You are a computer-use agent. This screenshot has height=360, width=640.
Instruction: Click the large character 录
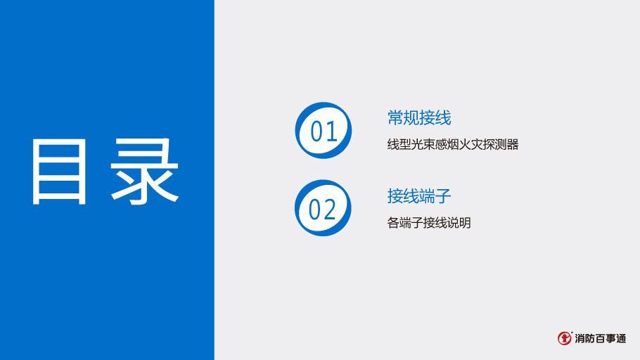(x=144, y=172)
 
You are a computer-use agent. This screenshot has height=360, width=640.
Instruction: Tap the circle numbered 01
(x=324, y=131)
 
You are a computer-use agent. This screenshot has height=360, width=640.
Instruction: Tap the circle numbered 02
(x=323, y=208)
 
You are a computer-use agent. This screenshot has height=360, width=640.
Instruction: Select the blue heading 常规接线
(x=419, y=117)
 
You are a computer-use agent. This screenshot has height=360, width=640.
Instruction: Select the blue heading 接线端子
(x=419, y=195)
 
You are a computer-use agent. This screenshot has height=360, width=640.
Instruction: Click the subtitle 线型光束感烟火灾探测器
(x=453, y=145)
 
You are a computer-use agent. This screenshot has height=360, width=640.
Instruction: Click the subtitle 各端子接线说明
(x=429, y=223)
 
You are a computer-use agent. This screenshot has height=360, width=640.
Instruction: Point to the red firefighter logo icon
(x=565, y=338)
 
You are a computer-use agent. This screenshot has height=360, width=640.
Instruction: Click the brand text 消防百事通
(x=600, y=338)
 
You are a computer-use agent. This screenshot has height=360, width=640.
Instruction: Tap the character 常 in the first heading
(x=395, y=117)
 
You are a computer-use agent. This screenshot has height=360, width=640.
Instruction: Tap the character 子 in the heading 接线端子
(x=443, y=195)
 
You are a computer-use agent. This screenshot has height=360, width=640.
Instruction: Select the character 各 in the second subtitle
(x=393, y=223)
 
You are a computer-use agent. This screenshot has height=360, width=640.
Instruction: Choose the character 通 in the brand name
(x=620, y=338)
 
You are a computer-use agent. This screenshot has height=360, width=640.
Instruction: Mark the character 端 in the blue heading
(x=428, y=195)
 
